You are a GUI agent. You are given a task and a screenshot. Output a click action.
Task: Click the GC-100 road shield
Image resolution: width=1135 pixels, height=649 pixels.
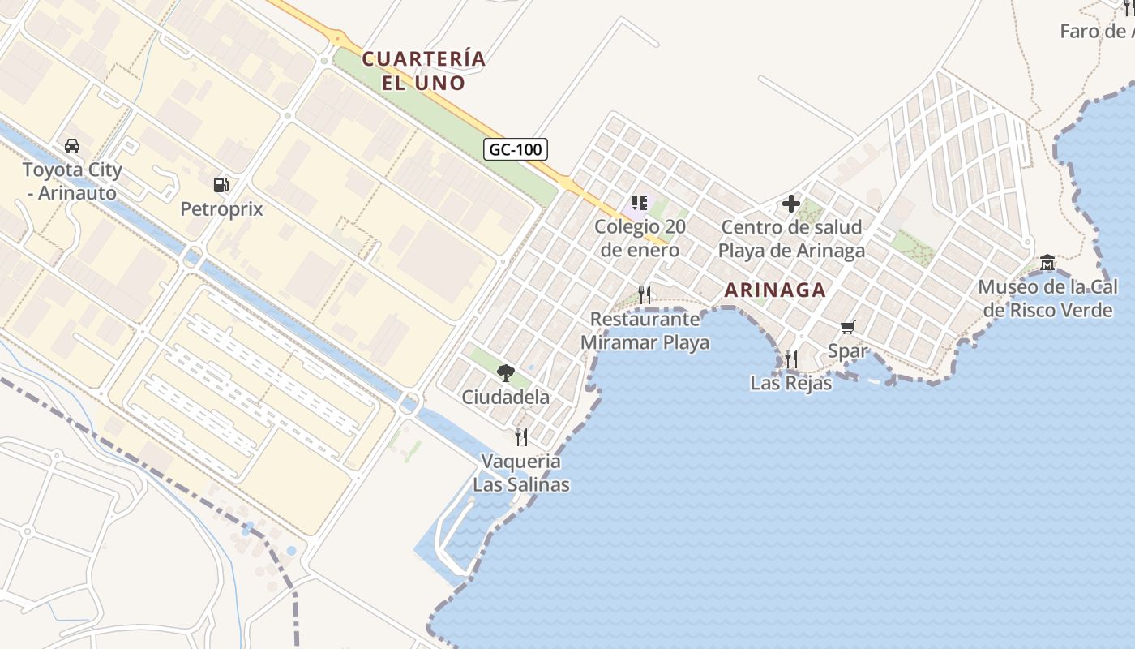(516, 149)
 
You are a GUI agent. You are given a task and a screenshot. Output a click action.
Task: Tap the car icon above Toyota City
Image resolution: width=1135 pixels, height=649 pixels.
(72, 146)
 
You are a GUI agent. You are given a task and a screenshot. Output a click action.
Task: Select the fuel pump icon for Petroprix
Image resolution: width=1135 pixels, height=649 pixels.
(221, 185)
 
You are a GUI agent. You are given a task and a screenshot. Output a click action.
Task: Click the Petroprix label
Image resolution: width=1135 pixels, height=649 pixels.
(221, 209)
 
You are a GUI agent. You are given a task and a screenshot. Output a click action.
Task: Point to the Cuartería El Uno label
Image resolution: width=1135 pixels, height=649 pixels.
(424, 71)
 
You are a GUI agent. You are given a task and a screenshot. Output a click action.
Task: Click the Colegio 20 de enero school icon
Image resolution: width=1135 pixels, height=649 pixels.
(639, 202)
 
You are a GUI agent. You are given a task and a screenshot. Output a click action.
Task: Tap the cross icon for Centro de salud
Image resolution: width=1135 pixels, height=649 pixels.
(791, 204)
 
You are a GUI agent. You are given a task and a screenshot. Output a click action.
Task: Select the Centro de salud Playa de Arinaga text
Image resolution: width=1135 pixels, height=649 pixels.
(791, 239)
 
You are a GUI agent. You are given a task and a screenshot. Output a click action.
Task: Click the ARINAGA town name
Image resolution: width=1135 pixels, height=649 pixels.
(775, 290)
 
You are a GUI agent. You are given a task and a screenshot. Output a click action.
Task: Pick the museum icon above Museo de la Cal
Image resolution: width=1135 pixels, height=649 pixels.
(1047, 263)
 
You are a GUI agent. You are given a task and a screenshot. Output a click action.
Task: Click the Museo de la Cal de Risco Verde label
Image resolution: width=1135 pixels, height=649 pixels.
(1047, 299)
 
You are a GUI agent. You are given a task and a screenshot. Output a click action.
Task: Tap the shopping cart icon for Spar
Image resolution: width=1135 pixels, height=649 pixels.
(848, 327)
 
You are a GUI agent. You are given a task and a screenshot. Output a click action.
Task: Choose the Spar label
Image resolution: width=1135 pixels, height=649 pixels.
(848, 351)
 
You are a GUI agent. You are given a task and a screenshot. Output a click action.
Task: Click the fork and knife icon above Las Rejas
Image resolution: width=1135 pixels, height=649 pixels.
(791, 359)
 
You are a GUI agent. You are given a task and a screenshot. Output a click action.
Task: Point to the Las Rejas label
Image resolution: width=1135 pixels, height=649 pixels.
(791, 383)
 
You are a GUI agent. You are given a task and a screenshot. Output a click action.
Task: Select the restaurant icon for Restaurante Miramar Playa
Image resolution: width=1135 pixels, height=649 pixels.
(645, 294)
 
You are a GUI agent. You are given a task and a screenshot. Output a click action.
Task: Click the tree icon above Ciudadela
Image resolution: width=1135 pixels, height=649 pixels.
(506, 373)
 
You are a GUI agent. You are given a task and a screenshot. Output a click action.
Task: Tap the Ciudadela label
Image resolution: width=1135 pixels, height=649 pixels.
(506, 398)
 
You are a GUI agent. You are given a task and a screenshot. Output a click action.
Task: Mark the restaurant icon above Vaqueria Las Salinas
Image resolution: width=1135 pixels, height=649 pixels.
(521, 437)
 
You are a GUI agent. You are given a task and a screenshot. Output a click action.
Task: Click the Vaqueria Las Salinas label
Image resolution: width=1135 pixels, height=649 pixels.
(521, 473)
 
